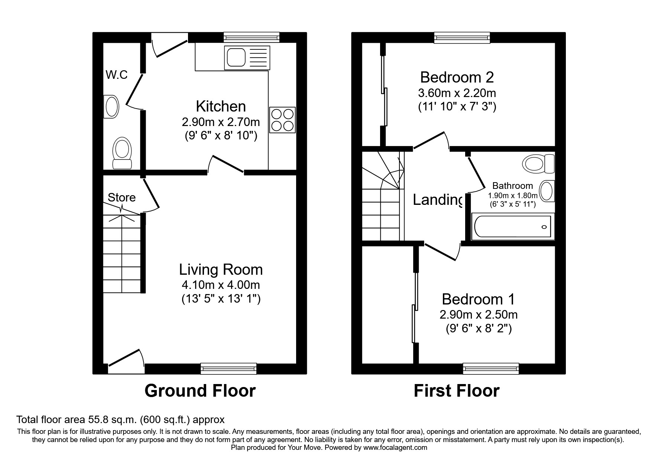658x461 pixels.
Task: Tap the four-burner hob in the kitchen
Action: (x=283, y=120)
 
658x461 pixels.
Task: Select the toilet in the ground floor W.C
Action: (x=122, y=153)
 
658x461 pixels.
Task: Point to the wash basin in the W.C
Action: (x=111, y=107)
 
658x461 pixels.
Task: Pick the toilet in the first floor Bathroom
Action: (x=538, y=164)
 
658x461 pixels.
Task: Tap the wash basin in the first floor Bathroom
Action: (x=547, y=191)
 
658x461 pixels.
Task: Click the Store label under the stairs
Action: (x=121, y=197)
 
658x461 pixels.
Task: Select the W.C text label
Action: (x=117, y=75)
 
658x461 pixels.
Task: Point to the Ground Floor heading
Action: (x=200, y=391)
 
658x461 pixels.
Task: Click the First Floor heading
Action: (x=457, y=391)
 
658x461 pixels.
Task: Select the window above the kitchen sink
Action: (x=252, y=37)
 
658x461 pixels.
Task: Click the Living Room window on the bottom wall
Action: (x=228, y=368)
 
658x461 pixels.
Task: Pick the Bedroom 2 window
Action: (x=462, y=37)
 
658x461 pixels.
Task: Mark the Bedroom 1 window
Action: (x=491, y=368)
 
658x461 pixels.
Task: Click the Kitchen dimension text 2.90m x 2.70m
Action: (x=221, y=122)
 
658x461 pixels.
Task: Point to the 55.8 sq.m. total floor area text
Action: (x=120, y=420)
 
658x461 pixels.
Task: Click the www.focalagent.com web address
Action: (x=395, y=448)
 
